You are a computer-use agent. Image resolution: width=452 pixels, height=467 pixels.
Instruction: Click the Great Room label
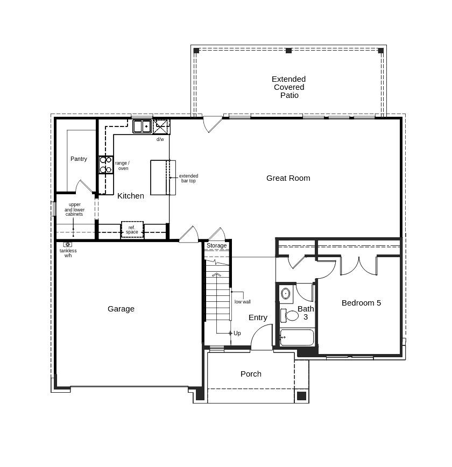(x=288, y=178)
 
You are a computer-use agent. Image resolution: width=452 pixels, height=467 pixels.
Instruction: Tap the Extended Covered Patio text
(x=288, y=87)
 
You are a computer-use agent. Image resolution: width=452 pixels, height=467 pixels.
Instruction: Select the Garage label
(x=121, y=309)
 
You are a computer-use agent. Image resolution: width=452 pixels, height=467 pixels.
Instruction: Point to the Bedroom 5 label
(x=361, y=303)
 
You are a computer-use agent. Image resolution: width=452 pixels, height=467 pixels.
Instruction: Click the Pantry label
(x=79, y=159)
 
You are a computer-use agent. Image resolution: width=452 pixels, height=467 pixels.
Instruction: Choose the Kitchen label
(x=131, y=196)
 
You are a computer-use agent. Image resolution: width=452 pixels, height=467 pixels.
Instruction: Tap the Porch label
(x=251, y=374)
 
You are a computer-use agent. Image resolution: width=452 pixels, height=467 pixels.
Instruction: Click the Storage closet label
(x=217, y=245)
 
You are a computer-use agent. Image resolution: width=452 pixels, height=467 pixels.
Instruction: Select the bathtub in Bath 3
(x=296, y=337)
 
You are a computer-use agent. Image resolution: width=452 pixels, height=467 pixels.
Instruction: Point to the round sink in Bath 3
(x=286, y=294)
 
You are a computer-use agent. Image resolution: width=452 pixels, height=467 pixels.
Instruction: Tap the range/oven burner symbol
(x=105, y=165)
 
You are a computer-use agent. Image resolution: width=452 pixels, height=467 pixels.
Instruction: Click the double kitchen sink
(x=142, y=126)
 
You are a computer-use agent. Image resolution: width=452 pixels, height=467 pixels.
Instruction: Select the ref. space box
(x=132, y=230)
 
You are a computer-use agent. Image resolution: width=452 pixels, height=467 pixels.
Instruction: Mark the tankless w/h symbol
(x=68, y=244)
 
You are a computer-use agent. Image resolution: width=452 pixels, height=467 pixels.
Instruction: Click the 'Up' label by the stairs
(x=237, y=333)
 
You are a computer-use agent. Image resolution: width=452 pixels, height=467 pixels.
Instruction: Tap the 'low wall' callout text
(x=243, y=302)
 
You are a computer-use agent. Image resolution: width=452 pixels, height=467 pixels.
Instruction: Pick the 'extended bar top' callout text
(x=188, y=178)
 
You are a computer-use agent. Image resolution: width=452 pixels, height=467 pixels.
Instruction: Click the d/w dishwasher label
(x=160, y=139)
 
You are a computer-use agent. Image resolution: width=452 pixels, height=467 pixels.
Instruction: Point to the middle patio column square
(x=288, y=51)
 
